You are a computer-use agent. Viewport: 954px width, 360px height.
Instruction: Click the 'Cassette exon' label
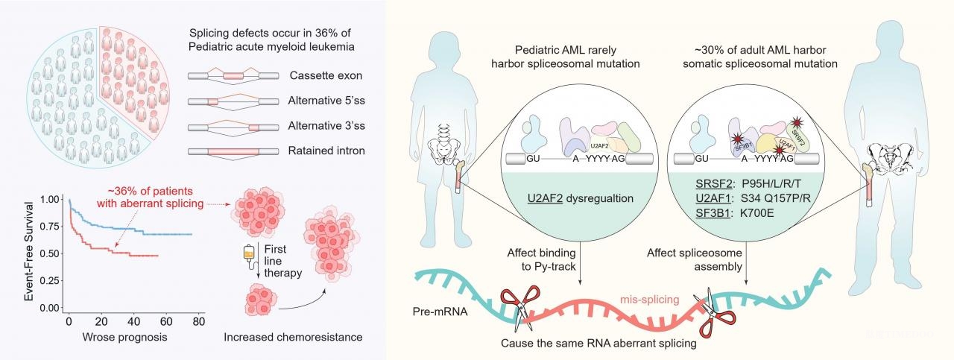pos(326,75)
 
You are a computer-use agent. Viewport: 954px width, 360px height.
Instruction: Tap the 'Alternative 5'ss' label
pos(326,101)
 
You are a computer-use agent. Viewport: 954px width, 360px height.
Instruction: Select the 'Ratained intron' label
pos(326,151)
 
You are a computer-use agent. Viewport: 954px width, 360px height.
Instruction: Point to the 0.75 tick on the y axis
pos(49,227)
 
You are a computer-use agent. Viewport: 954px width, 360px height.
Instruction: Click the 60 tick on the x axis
pos(166,321)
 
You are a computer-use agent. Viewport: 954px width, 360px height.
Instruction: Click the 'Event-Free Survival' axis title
pos(28,252)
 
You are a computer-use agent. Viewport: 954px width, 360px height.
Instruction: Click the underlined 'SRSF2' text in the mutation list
pos(714,183)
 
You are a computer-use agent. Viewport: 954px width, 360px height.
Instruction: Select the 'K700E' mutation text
pos(756,212)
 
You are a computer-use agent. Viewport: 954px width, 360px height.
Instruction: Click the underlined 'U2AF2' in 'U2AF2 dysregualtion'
pos(545,198)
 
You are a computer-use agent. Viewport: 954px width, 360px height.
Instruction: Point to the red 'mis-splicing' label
pos(649,300)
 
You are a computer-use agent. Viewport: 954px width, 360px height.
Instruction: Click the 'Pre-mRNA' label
pos(440,312)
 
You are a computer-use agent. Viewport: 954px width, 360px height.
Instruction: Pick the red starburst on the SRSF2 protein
pos(797,123)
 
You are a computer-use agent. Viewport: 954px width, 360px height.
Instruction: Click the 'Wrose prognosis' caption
pos(124,337)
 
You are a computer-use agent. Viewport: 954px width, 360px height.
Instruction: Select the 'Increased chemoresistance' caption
pos(293,337)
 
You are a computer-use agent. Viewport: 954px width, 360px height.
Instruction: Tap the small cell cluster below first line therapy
pos(261,300)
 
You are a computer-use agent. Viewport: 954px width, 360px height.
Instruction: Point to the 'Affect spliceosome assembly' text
pos(694,259)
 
